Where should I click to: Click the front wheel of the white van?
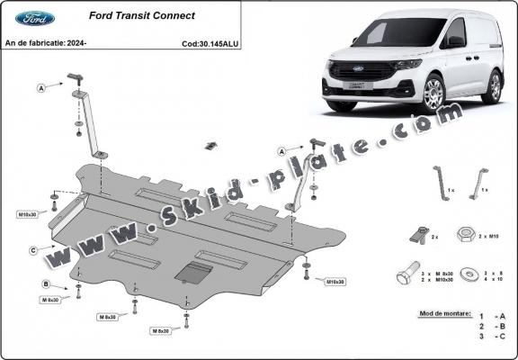click(434, 94)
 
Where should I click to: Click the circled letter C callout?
click(33, 249)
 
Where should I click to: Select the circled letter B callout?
click(44, 284)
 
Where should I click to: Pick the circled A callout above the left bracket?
click(41, 88)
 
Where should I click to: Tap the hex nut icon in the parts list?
click(467, 235)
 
